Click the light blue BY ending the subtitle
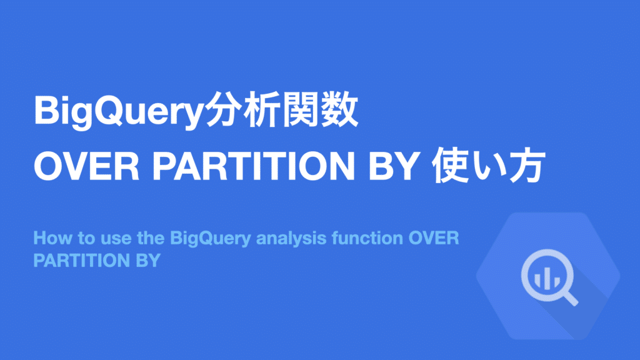coord(146,260)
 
